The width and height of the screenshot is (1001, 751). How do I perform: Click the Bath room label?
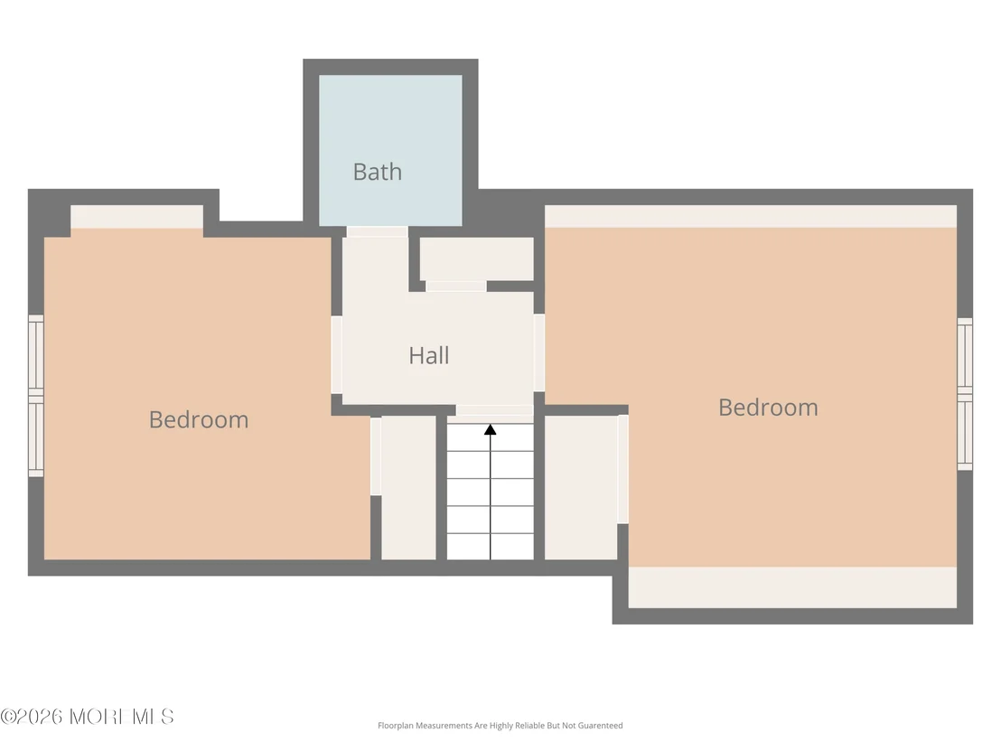378,172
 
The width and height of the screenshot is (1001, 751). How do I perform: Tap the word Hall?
429,356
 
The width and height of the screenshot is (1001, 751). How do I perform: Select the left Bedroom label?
199,419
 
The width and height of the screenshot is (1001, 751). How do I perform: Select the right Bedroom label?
768,408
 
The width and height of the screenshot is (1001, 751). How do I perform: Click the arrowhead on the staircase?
491,430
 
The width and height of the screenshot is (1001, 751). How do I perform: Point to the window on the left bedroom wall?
36,395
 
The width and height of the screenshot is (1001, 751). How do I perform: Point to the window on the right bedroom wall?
965,394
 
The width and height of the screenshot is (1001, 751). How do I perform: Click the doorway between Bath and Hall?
378,232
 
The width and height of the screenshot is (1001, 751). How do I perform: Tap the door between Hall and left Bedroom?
336,355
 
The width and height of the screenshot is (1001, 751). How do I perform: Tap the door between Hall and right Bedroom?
539,352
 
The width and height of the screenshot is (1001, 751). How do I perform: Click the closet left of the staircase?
408,488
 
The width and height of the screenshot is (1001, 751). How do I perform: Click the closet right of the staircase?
581,488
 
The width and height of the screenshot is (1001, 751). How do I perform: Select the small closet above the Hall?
477,258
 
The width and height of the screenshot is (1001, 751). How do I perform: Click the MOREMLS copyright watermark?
87,717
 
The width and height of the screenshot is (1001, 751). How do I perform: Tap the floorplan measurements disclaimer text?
500,726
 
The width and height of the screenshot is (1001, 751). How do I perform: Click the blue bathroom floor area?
390,150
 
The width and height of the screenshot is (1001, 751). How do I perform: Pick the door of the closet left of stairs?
376,456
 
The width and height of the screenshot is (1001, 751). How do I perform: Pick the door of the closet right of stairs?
623,469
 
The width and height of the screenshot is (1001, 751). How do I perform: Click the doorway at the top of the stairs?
495,410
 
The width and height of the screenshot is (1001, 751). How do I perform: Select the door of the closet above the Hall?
456,286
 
